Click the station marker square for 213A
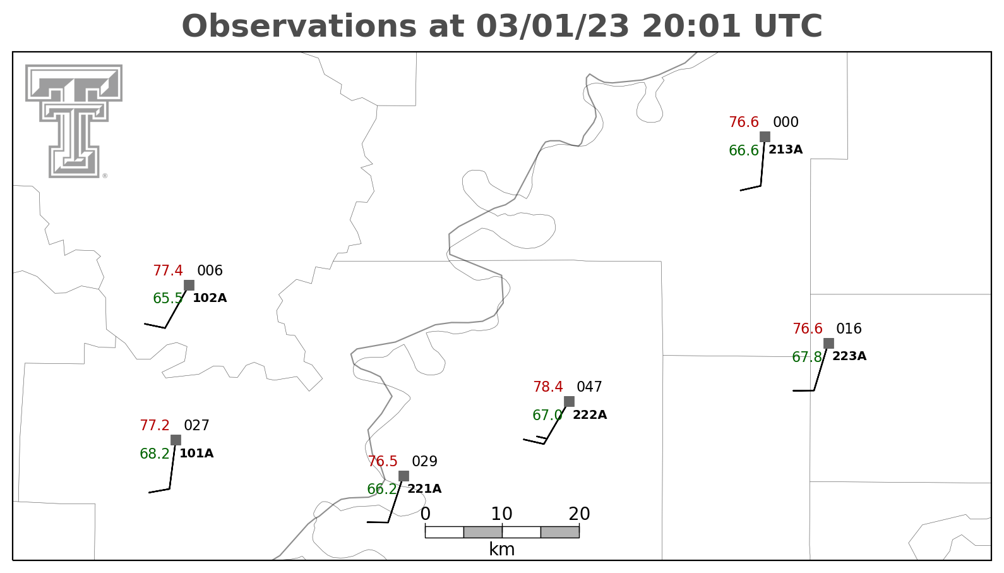[x=765, y=136]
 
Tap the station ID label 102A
[x=210, y=298]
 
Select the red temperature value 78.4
[x=547, y=387]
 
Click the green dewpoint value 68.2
[x=155, y=454]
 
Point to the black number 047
[x=589, y=387]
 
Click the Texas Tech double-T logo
[x=74, y=121]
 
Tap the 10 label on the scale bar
[x=501, y=514]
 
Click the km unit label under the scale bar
[x=501, y=549]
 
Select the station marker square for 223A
[x=828, y=344]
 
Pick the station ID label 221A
[x=424, y=489]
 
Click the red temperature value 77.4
[x=168, y=270]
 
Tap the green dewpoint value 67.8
[x=807, y=358]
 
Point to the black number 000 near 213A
[x=786, y=122]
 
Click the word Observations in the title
[x=299, y=26]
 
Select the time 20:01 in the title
[x=691, y=26]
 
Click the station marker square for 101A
[x=176, y=440]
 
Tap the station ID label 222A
[x=590, y=414]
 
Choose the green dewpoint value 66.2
[x=382, y=489]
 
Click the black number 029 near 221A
[x=424, y=461]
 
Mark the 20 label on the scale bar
[x=579, y=514]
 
